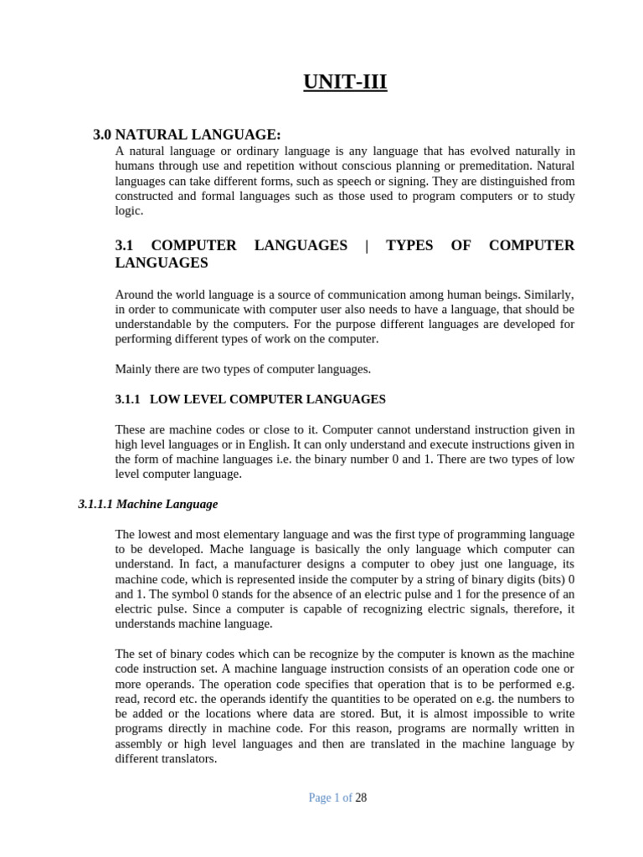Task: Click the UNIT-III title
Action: click(345, 82)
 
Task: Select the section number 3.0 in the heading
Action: click(102, 134)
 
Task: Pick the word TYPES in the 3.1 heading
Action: click(409, 245)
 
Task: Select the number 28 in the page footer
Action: click(361, 798)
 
